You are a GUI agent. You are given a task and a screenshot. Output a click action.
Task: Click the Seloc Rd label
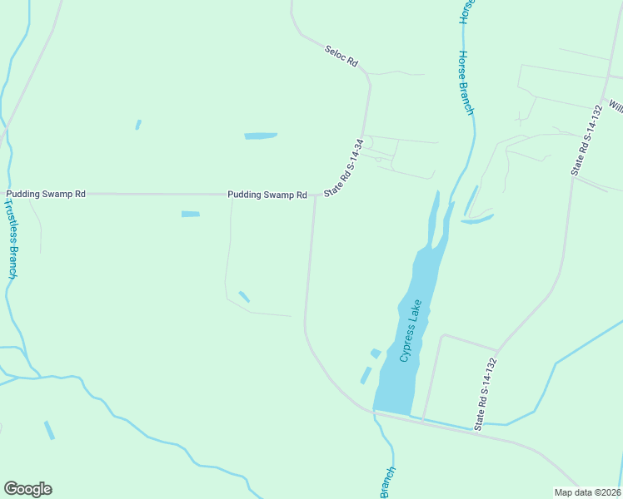tap(341, 57)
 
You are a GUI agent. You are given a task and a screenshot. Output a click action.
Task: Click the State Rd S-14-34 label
tap(345, 167)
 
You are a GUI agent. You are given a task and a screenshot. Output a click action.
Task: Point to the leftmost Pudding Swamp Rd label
tap(46, 194)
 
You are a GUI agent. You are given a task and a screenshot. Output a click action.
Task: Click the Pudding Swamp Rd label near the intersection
tap(267, 195)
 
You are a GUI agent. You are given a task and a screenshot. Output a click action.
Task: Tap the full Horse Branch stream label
tap(466, 82)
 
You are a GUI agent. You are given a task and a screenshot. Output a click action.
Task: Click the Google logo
tap(27, 489)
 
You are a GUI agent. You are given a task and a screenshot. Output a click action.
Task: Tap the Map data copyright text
tap(588, 491)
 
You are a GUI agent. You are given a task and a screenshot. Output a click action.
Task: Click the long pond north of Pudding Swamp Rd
tap(261, 136)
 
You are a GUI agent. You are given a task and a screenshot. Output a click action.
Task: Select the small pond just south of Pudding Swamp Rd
tap(191, 214)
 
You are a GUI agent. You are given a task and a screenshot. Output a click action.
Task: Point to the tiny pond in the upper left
tap(138, 125)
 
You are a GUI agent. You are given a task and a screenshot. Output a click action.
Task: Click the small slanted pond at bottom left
tap(49, 430)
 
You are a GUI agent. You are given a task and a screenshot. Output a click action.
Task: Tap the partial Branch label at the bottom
tap(387, 482)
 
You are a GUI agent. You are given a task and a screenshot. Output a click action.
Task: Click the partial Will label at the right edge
tap(616, 106)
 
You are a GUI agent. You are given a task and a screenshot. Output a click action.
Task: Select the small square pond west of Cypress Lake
tap(376, 353)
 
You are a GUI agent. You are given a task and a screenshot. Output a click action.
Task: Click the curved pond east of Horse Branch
tap(477, 220)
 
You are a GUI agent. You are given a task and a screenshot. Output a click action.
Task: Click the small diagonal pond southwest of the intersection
tap(244, 297)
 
